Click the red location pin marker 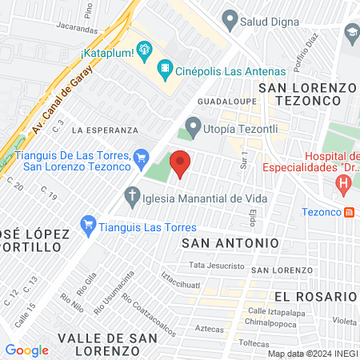pos(181,162)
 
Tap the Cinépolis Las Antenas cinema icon pos(165,68)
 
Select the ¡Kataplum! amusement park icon pos(144,51)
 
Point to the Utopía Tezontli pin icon pos(192,125)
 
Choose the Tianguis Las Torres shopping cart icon pos(88,226)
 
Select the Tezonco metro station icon pos(350,212)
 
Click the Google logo pos(26,350)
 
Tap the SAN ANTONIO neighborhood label pos(230,242)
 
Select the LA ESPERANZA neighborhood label pos(105,129)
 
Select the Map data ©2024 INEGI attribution pos(312,353)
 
